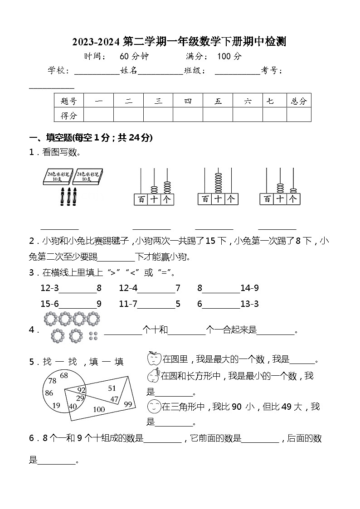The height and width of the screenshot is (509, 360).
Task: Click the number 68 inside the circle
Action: point(64,375)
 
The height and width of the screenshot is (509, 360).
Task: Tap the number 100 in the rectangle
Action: point(98,410)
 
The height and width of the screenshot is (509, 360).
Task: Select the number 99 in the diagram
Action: point(128,404)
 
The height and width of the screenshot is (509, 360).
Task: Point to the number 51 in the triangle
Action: point(112,388)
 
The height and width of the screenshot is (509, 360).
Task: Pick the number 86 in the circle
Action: point(49,393)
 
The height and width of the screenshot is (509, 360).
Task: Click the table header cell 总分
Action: point(299,101)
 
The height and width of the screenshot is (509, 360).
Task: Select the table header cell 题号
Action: point(68,101)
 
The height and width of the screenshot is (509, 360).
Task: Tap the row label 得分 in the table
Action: point(68,116)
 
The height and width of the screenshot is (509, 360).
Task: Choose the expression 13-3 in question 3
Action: point(249,304)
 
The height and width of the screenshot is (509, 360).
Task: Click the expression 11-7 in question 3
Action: point(128,304)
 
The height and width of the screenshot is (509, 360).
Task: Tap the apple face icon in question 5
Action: point(154,359)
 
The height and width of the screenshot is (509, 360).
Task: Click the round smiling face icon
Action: point(154,407)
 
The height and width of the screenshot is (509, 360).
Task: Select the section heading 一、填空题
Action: point(50,138)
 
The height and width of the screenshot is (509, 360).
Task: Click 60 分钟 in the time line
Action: point(134,57)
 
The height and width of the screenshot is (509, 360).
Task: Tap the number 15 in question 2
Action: point(210,241)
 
